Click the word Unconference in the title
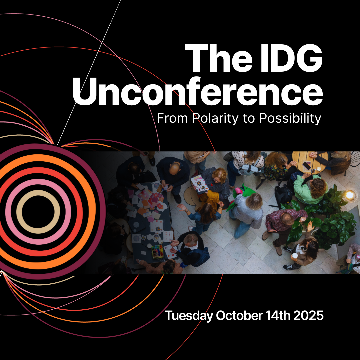198,92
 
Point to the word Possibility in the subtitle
290,119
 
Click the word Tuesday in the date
189,316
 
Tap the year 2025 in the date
308,315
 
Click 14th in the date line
278,315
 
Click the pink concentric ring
38,182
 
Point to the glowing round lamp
350,195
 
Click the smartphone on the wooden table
307,165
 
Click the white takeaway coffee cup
295,256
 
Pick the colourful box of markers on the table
157,251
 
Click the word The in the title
218,58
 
